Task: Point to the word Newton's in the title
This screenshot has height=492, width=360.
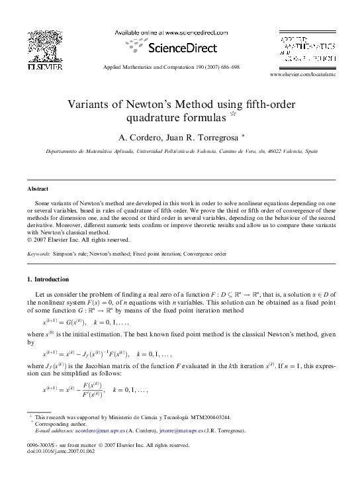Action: coord(150,105)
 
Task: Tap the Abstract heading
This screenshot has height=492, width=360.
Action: coord(37,189)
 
